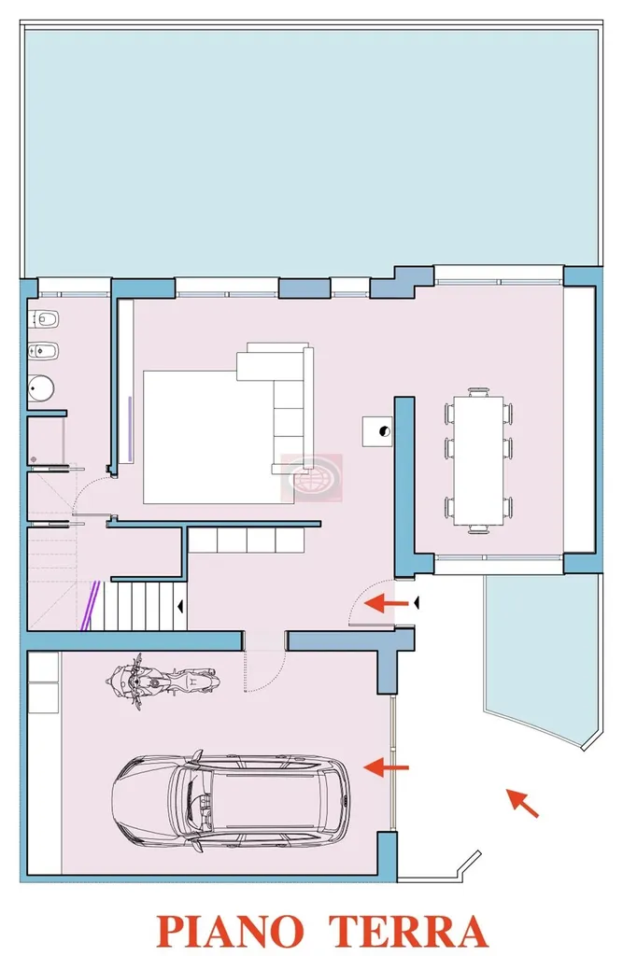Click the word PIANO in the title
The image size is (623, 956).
(230, 931)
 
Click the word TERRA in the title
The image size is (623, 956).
(408, 931)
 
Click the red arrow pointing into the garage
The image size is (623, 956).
(386, 767)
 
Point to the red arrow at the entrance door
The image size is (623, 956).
(387, 604)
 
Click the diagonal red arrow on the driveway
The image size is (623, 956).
(522, 803)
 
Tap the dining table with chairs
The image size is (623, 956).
(479, 460)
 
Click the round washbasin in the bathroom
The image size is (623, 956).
(42, 387)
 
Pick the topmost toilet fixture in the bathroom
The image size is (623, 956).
(43, 318)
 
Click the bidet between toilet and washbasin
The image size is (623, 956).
(43, 351)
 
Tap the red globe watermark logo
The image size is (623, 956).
(311, 477)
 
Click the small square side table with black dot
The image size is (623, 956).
(377, 431)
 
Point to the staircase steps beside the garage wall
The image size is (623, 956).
(145, 605)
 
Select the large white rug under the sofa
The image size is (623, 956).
(207, 437)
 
